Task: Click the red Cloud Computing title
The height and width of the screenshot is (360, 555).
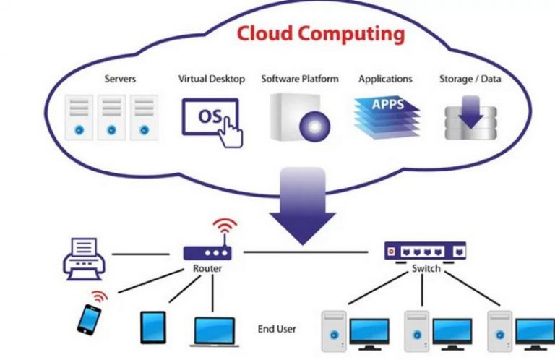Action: pyautogui.click(x=321, y=34)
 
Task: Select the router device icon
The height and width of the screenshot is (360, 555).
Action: pyautogui.click(x=207, y=253)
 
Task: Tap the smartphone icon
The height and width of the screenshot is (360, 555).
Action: pyautogui.click(x=89, y=318)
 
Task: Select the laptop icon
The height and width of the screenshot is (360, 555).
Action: pyautogui.click(x=215, y=330)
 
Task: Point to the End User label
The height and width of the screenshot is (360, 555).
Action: pyautogui.click(x=277, y=329)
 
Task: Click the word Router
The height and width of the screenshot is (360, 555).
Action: pyautogui.click(x=207, y=269)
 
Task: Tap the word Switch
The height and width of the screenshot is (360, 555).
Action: pyautogui.click(x=426, y=269)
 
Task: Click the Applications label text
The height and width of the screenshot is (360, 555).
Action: pyautogui.click(x=385, y=78)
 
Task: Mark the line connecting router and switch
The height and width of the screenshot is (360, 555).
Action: pyautogui.click(x=311, y=252)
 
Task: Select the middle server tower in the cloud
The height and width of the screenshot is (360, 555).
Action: pyautogui.click(x=111, y=117)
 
